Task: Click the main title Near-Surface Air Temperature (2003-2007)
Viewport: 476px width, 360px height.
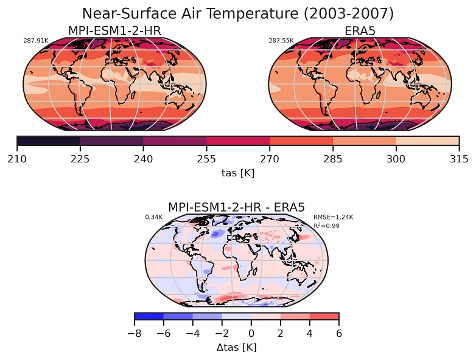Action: pyautogui.click(x=237, y=13)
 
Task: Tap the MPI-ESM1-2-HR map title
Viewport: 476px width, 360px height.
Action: pyautogui.click(x=114, y=30)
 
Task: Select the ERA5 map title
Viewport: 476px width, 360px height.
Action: pyautogui.click(x=360, y=30)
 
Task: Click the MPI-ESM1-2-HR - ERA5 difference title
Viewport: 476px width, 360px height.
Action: pyautogui.click(x=236, y=207)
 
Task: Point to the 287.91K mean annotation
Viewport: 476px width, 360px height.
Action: pyautogui.click(x=35, y=41)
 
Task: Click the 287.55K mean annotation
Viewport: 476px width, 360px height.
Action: pyautogui.click(x=281, y=41)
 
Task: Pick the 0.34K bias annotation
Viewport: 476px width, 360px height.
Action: pyautogui.click(x=153, y=217)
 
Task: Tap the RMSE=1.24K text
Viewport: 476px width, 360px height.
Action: pyautogui.click(x=333, y=217)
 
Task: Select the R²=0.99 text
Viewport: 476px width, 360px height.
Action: pyautogui.click(x=326, y=226)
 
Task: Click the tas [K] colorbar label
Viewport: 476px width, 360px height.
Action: pyautogui.click(x=237, y=173)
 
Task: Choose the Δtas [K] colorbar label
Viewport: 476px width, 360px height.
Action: pyautogui.click(x=236, y=347)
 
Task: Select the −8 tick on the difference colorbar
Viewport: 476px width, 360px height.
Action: pyautogui.click(x=134, y=333)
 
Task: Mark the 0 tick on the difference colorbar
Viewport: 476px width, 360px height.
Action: pyautogui.click(x=251, y=333)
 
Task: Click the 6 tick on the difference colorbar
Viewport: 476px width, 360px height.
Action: pyautogui.click(x=338, y=333)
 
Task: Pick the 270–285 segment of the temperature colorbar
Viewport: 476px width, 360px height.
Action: pyautogui.click(x=301, y=141)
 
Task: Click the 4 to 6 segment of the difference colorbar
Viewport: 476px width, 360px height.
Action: pyautogui.click(x=324, y=316)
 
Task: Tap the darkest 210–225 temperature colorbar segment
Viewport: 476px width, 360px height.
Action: pyautogui.click(x=49, y=141)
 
